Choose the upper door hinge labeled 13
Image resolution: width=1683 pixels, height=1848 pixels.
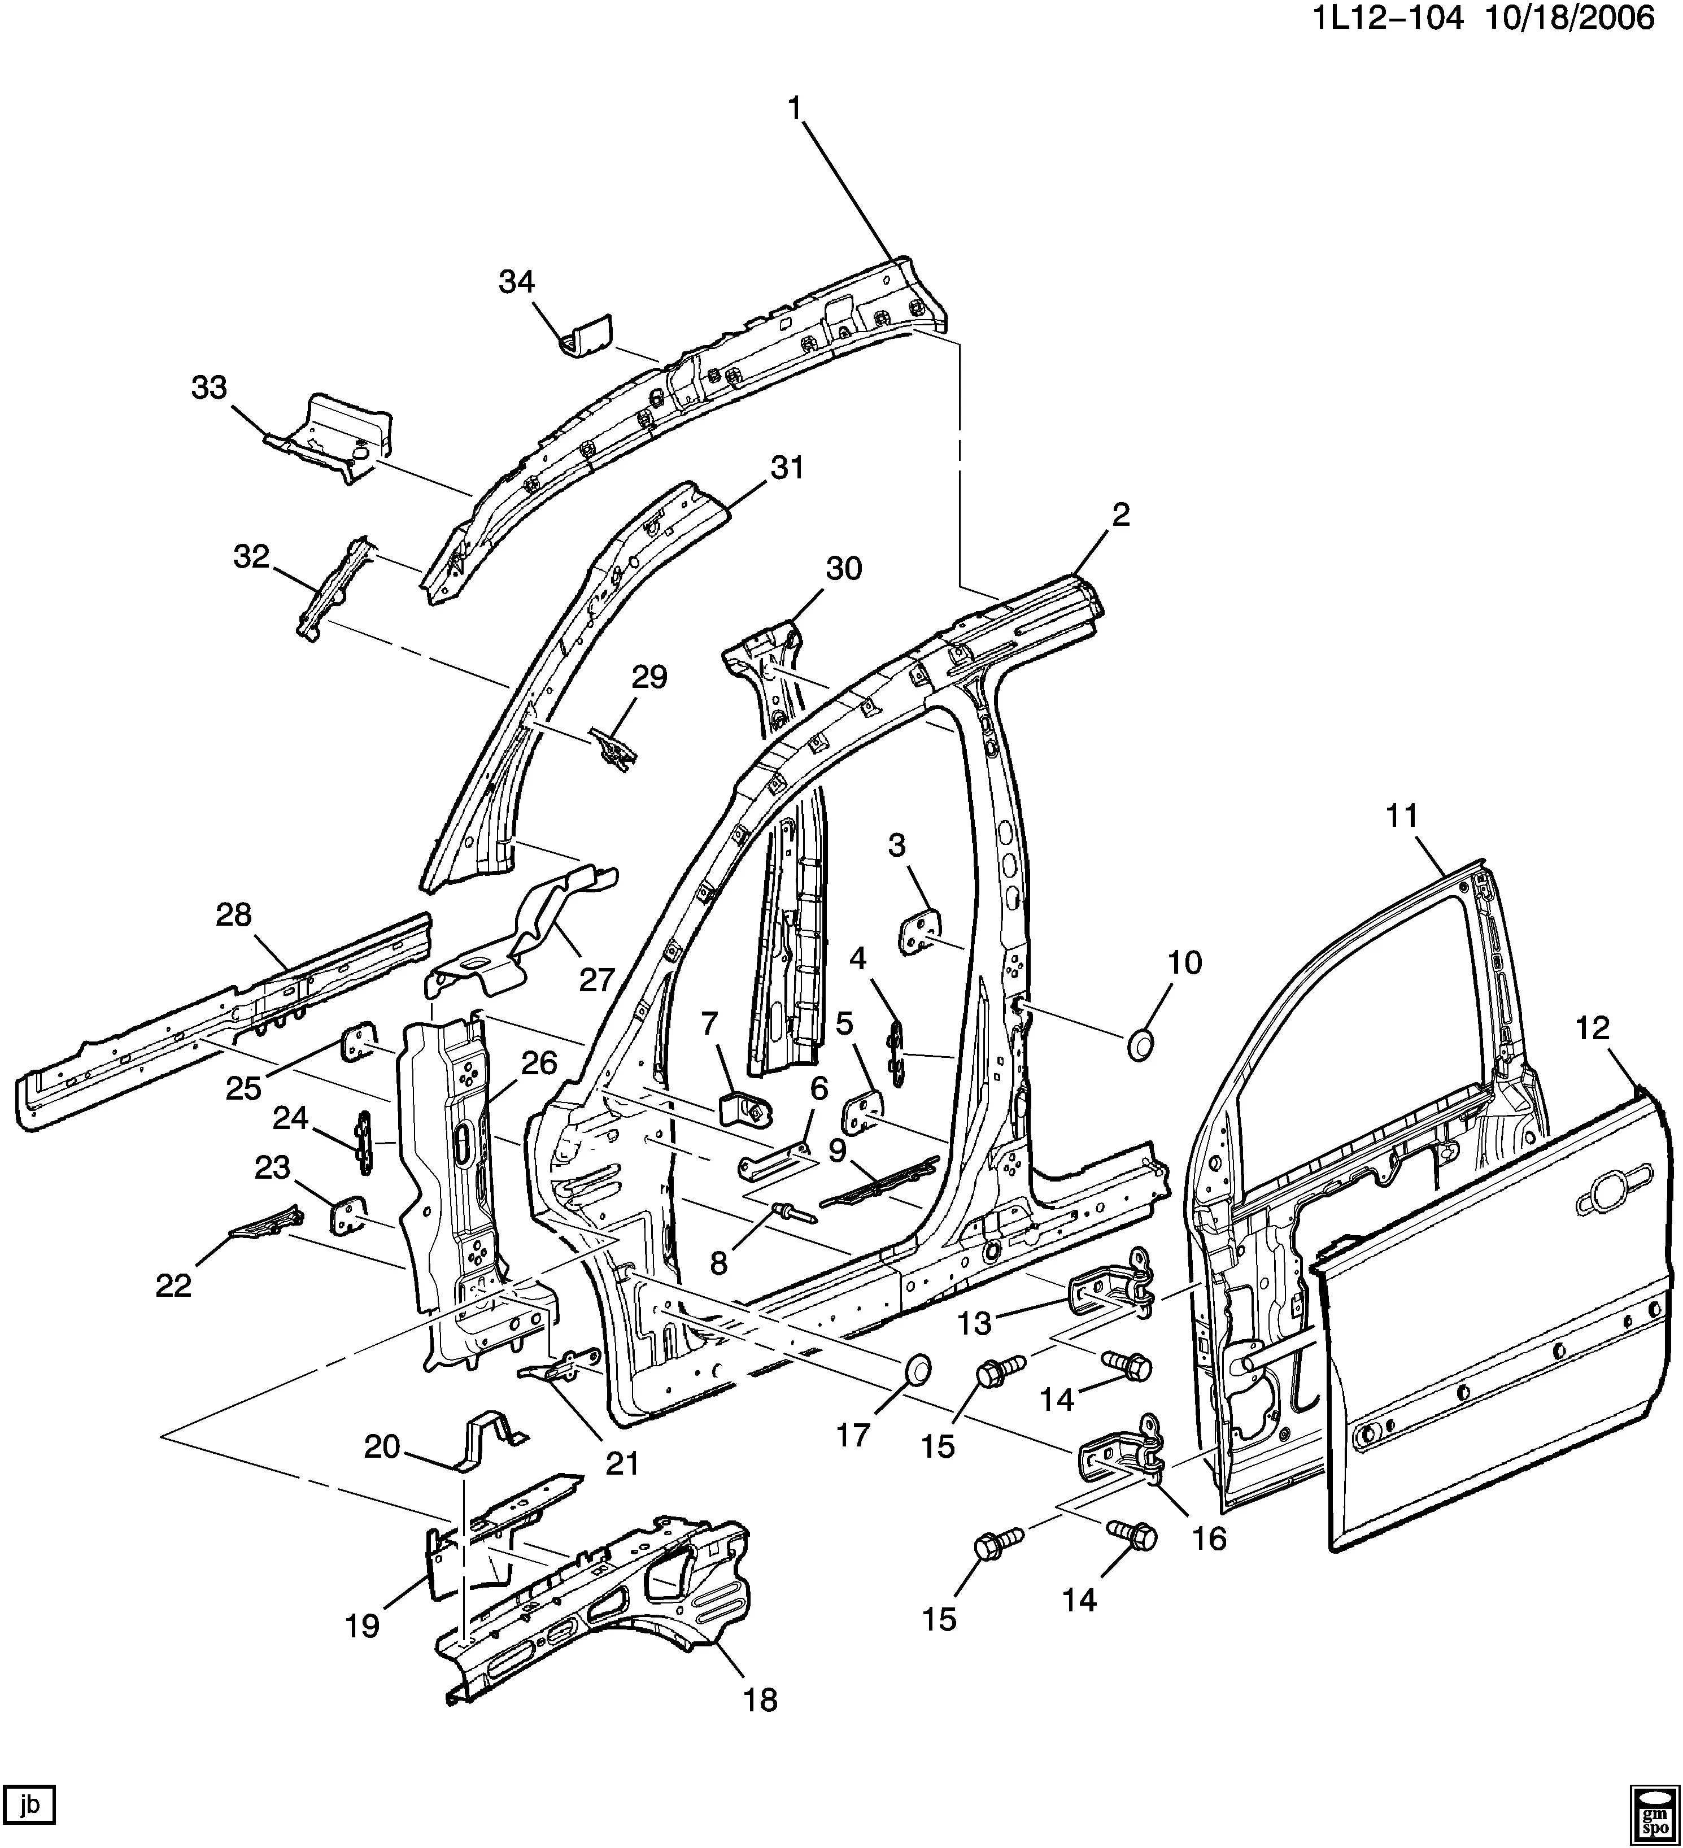tap(1111, 1287)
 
